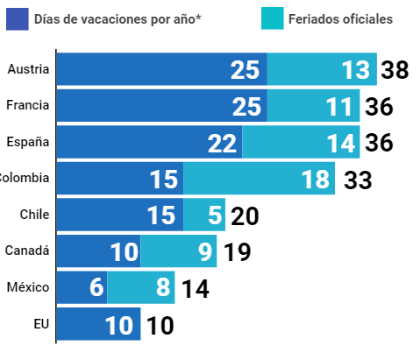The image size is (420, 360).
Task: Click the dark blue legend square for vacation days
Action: [18, 19]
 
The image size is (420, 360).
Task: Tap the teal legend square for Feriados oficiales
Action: [273, 18]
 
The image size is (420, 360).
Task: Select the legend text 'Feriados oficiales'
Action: [340, 19]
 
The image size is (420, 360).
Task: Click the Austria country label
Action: [28, 69]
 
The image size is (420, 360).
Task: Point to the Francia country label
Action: [28, 105]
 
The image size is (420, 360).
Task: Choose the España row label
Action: [28, 142]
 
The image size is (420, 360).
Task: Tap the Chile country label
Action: [34, 215]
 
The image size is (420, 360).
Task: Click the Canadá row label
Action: [27, 251]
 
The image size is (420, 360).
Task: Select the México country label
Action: [28, 287]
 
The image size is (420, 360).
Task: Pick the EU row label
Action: [41, 324]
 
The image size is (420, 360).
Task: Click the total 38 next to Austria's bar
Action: [395, 70]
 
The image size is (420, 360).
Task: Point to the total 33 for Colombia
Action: [358, 180]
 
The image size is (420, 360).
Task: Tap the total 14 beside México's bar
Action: [196, 289]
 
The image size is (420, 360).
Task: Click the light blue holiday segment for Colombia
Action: [260, 178]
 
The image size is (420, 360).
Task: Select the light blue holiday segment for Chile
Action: [204, 215]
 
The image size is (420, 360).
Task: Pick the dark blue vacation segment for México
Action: [82, 287]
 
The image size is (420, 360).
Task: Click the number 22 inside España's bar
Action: [222, 144]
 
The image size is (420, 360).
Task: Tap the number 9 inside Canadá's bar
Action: [205, 252]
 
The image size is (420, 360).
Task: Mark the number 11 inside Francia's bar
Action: [339, 107]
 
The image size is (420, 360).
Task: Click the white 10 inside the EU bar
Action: [119, 326]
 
